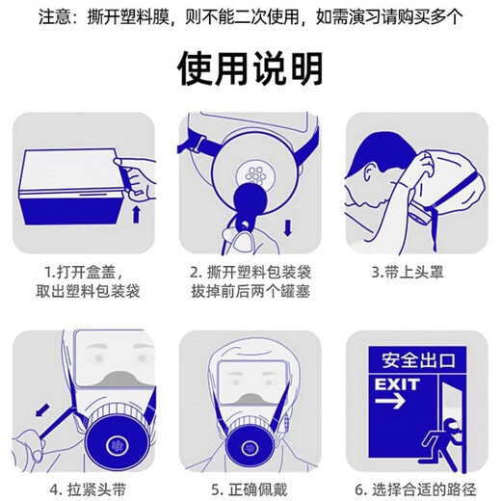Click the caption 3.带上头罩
[416, 272]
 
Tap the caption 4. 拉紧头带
[84, 488]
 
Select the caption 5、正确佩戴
[250, 488]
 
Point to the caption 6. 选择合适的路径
[416, 488]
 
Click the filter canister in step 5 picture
[250, 448]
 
